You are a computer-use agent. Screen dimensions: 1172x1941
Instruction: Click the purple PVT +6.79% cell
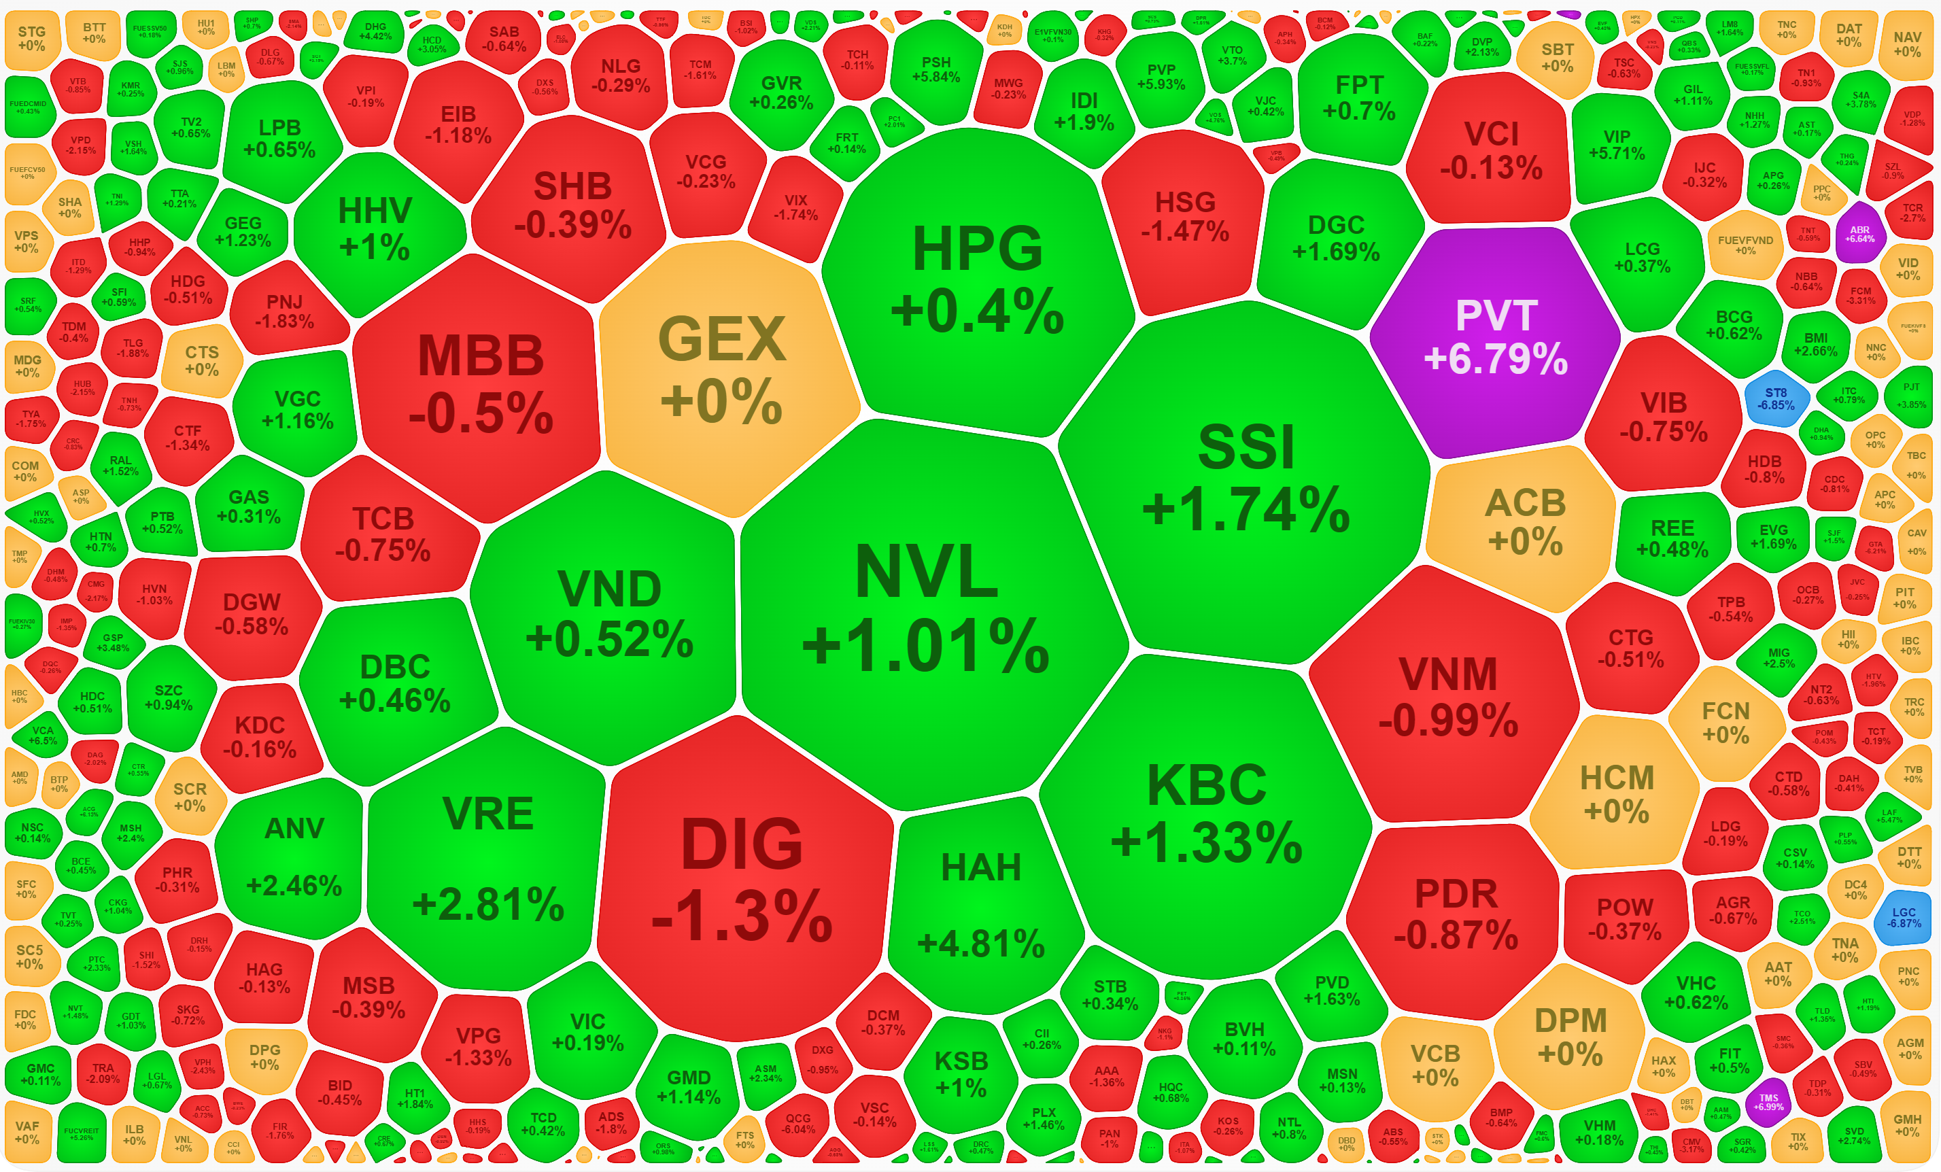tap(1494, 339)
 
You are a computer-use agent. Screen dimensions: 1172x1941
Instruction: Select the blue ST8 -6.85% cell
tap(1776, 398)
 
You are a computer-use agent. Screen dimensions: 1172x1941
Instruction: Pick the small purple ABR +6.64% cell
tap(1859, 233)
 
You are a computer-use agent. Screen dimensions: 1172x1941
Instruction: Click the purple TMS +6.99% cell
tap(1768, 1101)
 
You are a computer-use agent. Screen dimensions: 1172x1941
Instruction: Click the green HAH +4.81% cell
tap(982, 906)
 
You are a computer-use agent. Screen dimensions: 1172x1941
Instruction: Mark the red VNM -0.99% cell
tap(1448, 697)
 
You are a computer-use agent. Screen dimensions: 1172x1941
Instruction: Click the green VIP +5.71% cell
tap(1617, 145)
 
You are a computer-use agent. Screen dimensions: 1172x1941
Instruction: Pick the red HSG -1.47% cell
tap(1185, 217)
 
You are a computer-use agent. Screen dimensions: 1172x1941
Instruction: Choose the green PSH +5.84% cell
tap(936, 69)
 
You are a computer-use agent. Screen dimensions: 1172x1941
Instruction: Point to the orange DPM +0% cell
tap(1570, 1036)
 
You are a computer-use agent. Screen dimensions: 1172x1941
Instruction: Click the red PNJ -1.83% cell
tap(284, 312)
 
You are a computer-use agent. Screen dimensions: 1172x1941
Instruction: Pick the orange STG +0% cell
tap(31, 38)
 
